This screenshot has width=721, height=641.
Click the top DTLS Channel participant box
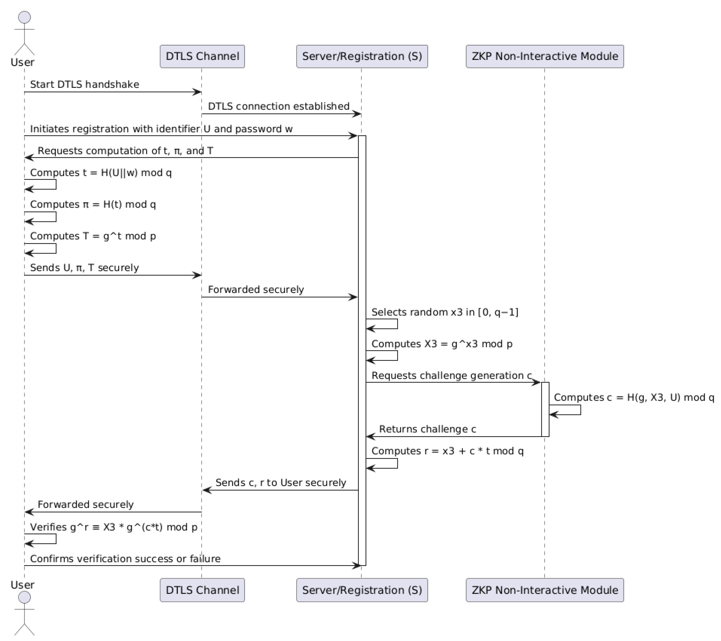coord(202,56)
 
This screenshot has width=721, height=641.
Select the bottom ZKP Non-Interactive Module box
coord(544,590)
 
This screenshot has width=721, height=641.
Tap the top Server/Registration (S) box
coord(362,56)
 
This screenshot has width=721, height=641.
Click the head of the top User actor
coord(24,17)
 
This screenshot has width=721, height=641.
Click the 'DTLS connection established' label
coord(278,106)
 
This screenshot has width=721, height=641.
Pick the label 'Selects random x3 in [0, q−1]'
coord(444,312)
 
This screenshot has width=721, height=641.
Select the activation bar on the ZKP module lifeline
coord(545,409)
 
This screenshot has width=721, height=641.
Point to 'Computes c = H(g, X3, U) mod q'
coord(634,397)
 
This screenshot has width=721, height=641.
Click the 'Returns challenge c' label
coord(427,429)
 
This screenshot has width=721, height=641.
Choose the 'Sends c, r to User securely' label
coord(280,483)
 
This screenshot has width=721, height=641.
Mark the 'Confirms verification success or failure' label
coord(125,559)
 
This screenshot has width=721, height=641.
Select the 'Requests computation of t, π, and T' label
coord(125,151)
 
